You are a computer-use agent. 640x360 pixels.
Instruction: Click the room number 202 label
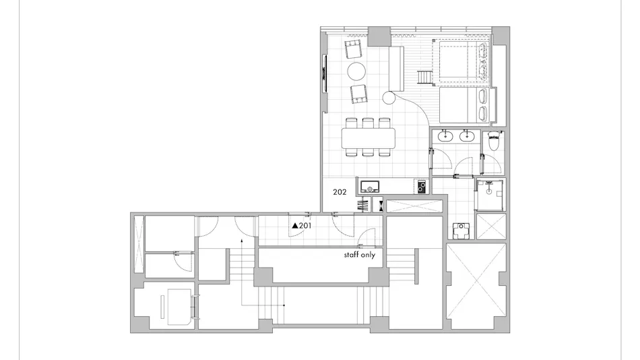[x=340, y=192]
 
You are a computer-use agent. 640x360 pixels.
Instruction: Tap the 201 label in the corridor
[x=305, y=226]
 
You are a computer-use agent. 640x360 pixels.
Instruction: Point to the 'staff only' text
[x=359, y=255]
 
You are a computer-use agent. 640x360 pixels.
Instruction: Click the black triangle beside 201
[x=295, y=226]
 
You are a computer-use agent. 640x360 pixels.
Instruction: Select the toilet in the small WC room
[x=493, y=142]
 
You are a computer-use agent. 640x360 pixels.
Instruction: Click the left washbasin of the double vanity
[x=444, y=136]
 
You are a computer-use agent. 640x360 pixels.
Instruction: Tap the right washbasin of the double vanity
[x=467, y=136]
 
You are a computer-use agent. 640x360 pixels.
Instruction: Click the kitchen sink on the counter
[x=370, y=187]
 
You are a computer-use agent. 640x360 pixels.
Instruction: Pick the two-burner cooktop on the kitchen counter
[x=422, y=187]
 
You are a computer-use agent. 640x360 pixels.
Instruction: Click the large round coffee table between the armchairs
[x=356, y=71]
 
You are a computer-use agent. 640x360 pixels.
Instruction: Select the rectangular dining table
[x=369, y=138]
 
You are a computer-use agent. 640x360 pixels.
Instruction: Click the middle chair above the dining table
[x=368, y=123]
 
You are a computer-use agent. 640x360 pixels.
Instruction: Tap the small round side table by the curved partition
[x=389, y=98]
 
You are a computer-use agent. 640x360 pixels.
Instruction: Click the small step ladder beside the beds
[x=424, y=77]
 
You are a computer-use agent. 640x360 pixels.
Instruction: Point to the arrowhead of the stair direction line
[x=242, y=240]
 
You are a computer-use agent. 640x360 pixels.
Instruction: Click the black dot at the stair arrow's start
[x=284, y=305]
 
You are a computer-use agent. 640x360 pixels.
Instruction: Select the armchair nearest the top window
[x=354, y=49]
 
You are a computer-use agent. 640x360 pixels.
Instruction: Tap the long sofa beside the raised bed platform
[x=396, y=69]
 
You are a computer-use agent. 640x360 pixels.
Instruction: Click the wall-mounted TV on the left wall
[x=325, y=73]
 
